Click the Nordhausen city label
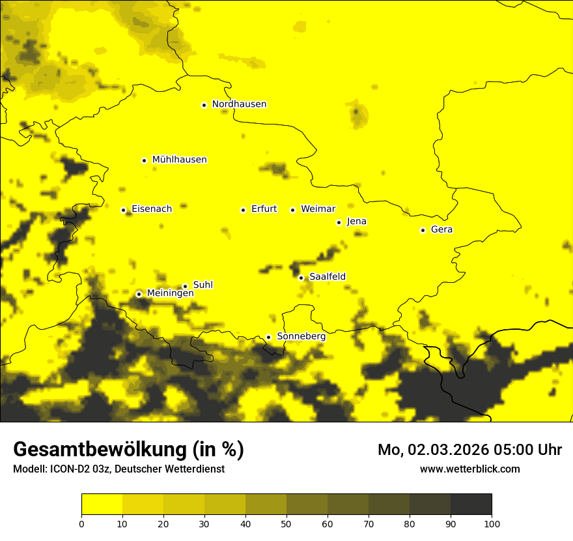click(x=239, y=104)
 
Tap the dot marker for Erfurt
click(x=243, y=210)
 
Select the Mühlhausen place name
click(x=179, y=160)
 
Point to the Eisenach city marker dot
click(x=123, y=210)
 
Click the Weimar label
click(x=318, y=209)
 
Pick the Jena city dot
click(x=339, y=222)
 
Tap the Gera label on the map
click(x=441, y=229)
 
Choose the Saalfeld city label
click(x=327, y=277)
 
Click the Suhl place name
click(x=203, y=285)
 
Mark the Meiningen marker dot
click(x=139, y=294)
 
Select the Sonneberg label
click(x=301, y=336)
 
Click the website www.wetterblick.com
click(x=469, y=469)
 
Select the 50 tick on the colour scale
click(x=286, y=523)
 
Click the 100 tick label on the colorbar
click(x=492, y=523)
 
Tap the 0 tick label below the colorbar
click(x=81, y=523)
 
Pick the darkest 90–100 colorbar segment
click(x=471, y=504)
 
